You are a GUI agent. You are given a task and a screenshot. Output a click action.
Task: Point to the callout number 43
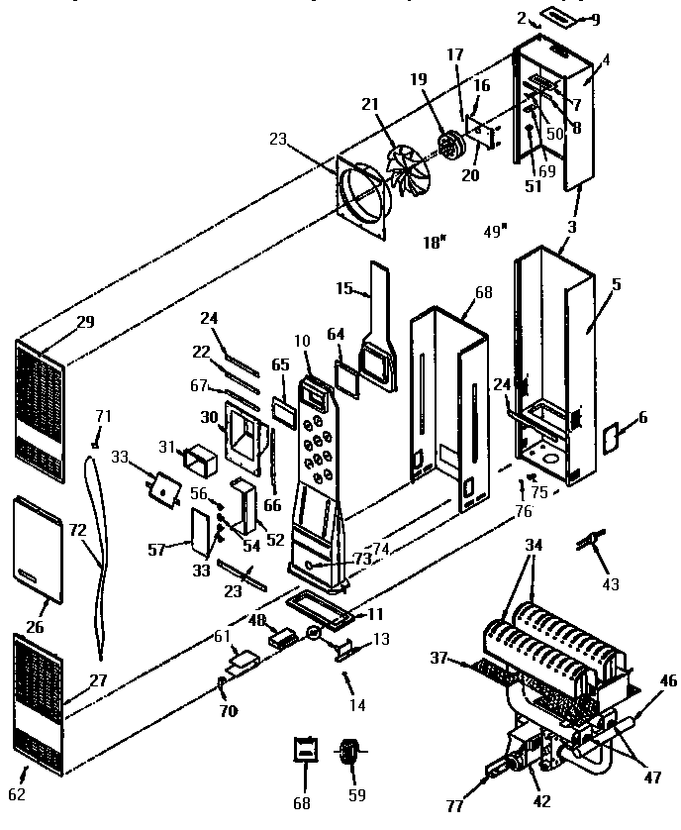tap(611, 584)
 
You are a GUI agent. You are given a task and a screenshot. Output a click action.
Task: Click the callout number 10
tap(302, 341)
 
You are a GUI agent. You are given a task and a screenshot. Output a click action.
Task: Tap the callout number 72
tap(76, 531)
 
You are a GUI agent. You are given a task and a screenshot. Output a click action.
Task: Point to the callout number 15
tap(343, 288)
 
